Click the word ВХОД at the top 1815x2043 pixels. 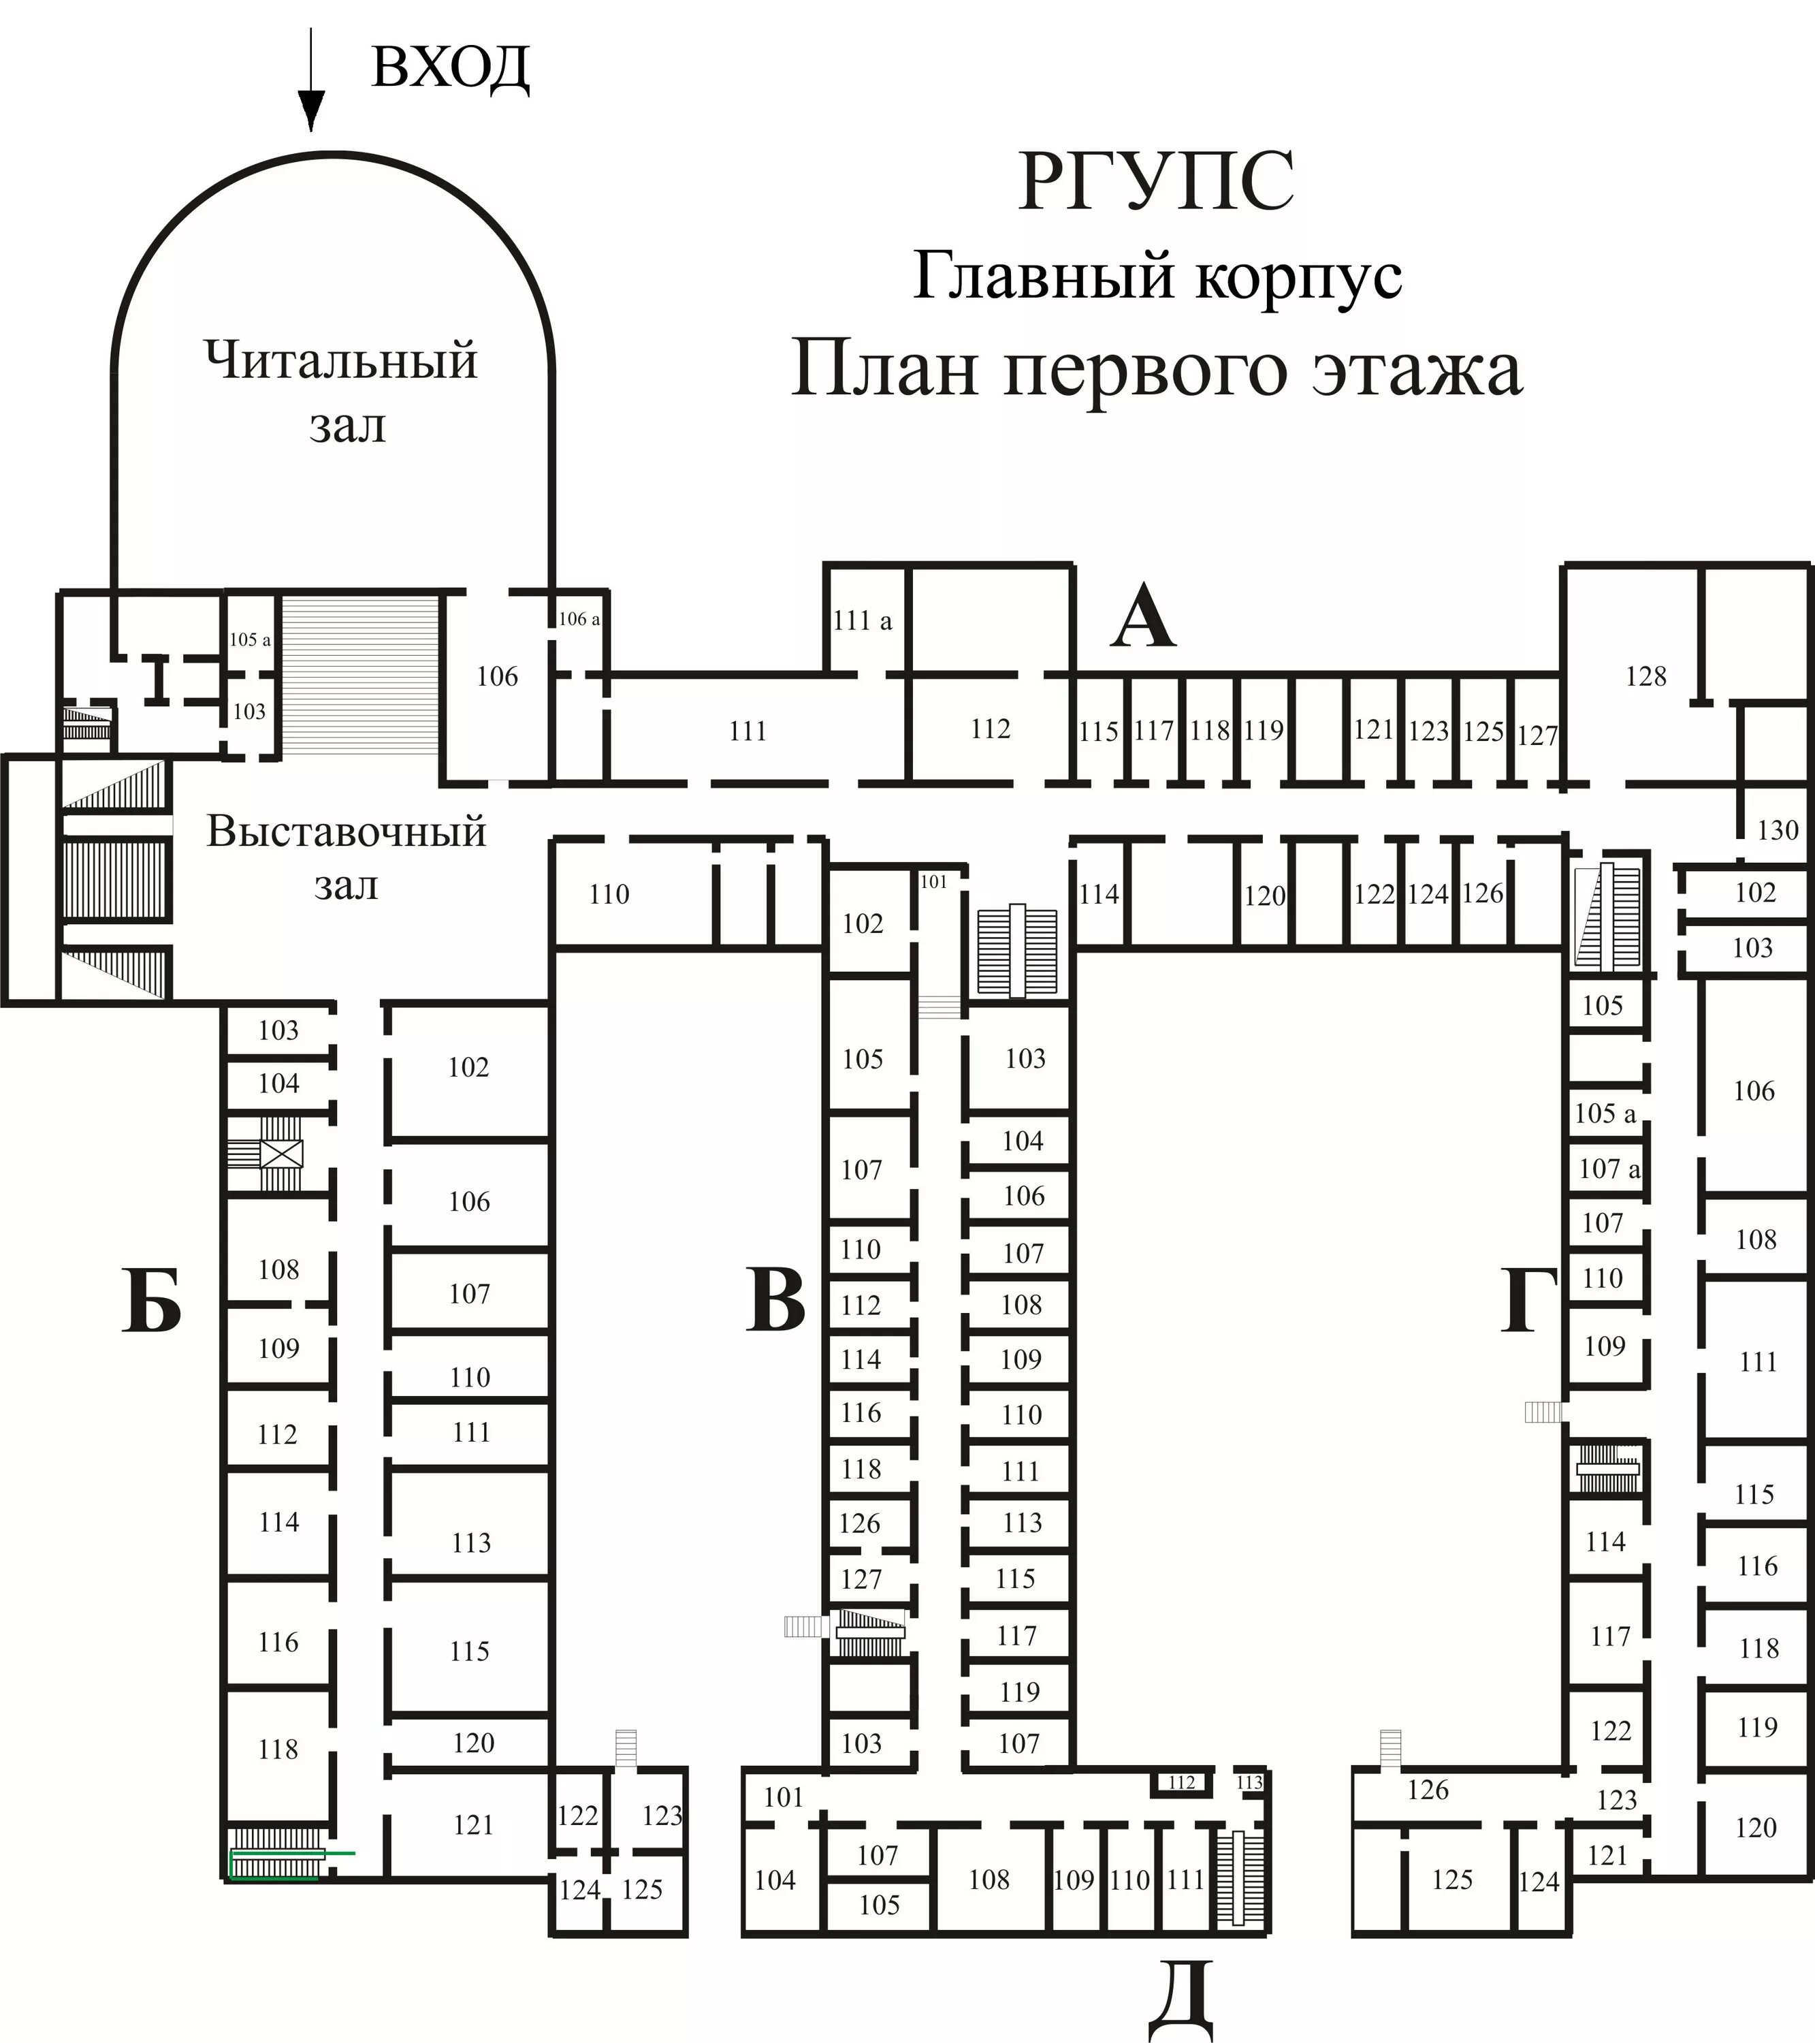(450, 68)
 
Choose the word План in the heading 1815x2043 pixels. (884, 370)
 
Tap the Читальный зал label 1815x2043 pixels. (342, 392)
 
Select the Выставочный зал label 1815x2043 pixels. (346, 857)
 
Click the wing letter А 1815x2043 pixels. (1142, 620)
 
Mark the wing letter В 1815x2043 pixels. (775, 1301)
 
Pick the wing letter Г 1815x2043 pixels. (1529, 1301)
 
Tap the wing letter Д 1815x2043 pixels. (1180, 1999)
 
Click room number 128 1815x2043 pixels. (1645, 677)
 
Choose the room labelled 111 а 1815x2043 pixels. (861, 620)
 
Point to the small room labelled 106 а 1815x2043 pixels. (579, 619)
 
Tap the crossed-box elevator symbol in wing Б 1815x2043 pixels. (281, 1154)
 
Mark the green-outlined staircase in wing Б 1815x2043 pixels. (276, 1855)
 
